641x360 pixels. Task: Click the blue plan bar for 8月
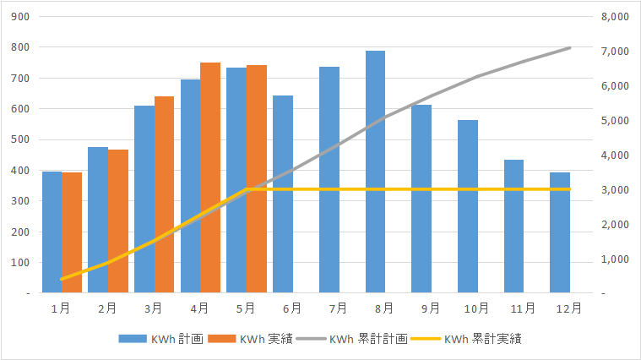pos(375,172)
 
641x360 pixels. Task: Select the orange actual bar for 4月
pos(210,177)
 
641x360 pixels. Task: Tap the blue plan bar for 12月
pos(560,232)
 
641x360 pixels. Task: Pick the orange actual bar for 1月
pos(72,232)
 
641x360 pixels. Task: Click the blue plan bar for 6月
pos(283,194)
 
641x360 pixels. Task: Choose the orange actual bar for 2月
pos(118,221)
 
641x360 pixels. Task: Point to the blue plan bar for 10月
pos(468,206)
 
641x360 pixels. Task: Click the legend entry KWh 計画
pos(161,339)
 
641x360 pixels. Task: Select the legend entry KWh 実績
pos(250,339)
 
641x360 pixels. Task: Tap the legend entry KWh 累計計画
pos(352,339)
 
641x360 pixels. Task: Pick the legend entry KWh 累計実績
pos(466,339)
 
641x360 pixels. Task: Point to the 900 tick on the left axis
pos(20,17)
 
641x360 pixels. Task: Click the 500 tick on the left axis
pos(20,139)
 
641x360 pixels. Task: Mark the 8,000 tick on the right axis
pos(615,17)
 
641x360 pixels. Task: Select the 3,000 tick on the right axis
pos(615,190)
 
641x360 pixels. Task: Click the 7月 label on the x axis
pos(338,308)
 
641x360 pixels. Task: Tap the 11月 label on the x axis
pos(523,308)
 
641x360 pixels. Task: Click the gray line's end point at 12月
pos(569,48)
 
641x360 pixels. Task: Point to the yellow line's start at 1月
pos(62,279)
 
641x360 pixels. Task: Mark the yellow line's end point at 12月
pos(569,189)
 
